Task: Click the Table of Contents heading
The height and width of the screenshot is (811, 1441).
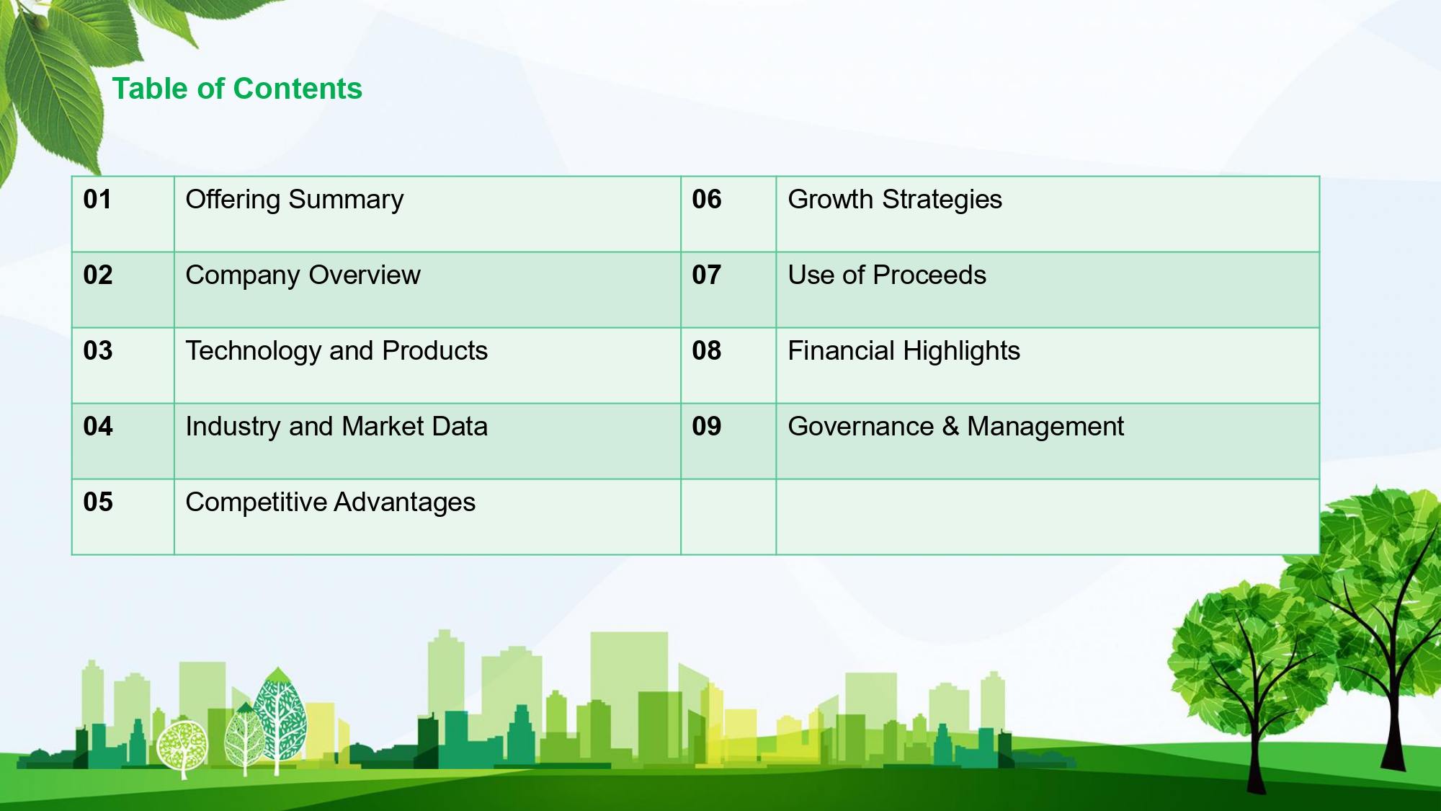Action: pos(237,89)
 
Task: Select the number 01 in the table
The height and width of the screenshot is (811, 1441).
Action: pos(97,199)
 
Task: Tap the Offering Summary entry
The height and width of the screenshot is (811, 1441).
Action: pos(295,200)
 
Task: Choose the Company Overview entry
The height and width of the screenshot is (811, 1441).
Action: pos(303,275)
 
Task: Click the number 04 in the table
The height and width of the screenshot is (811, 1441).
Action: pos(98,426)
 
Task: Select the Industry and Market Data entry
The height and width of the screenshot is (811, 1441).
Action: pos(336,426)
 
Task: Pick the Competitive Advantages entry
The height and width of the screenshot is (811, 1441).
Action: pos(331,502)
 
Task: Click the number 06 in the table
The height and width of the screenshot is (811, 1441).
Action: pos(707,199)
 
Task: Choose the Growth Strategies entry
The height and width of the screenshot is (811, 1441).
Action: pos(895,200)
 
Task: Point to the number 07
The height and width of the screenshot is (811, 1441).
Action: pos(707,275)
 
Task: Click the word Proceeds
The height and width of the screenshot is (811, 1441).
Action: pos(929,275)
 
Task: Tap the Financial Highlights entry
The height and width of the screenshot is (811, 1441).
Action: pos(904,351)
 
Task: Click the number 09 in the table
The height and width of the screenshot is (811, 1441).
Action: pos(707,426)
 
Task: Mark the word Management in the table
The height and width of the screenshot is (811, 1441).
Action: pos(1045,427)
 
